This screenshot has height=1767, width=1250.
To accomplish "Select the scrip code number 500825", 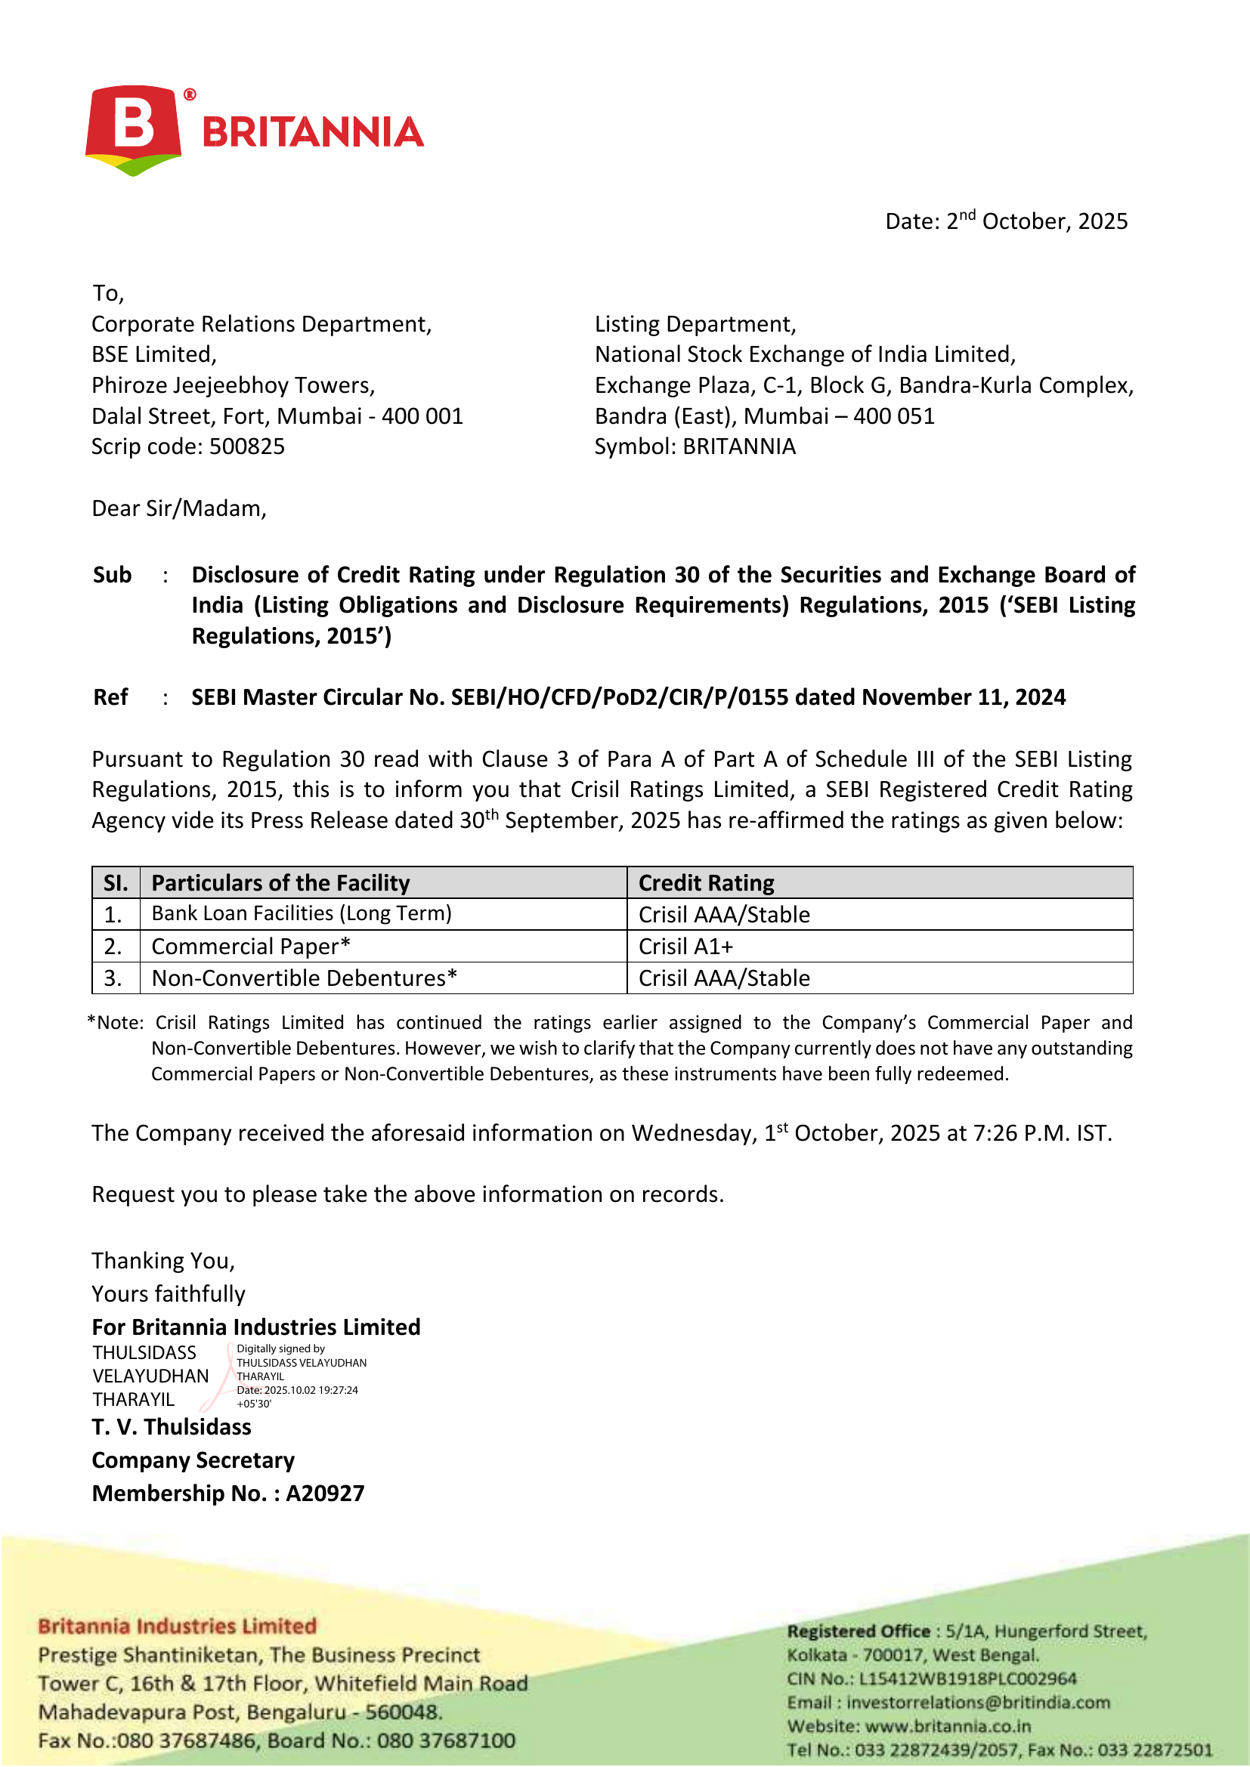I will tap(247, 446).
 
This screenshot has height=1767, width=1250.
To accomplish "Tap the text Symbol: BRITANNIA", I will tap(695, 446).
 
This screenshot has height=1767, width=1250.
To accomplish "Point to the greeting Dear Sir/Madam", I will tap(178, 508).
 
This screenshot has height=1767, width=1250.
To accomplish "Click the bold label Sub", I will tap(113, 575).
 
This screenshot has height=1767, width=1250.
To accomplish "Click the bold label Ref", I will tap(111, 697).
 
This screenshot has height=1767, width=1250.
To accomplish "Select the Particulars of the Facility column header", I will tap(280, 882).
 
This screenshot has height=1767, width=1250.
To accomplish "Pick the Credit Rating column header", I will tap(706, 882).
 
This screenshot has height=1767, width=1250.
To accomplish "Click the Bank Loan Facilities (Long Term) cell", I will tap(301, 913).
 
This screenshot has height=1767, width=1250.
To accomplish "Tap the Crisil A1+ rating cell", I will tap(685, 947).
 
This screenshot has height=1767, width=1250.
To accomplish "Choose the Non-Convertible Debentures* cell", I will tap(304, 978).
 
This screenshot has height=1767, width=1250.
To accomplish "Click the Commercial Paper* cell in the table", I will tap(251, 947).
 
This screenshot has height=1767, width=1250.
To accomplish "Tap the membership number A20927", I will tap(325, 1494).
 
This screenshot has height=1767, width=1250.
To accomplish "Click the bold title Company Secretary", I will tap(193, 1461).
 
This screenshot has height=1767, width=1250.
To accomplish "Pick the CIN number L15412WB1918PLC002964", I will tap(967, 1679).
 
